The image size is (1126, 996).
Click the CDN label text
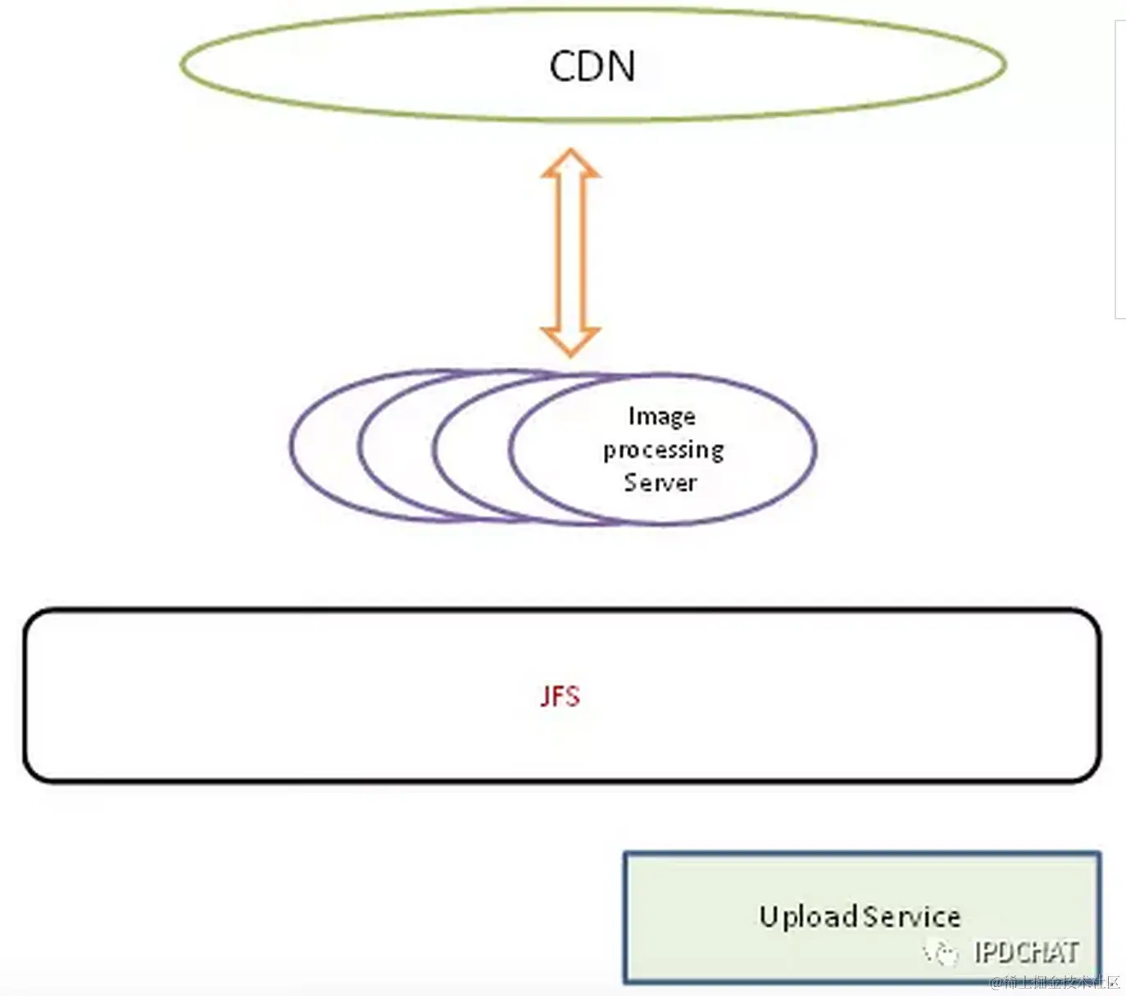[592, 66]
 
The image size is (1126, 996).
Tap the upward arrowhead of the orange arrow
[570, 163]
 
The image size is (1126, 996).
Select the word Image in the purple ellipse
[661, 417]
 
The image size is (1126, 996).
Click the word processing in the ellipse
[664, 450]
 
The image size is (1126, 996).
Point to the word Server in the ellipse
[660, 482]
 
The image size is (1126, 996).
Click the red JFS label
[560, 696]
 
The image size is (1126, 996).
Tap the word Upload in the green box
[808, 916]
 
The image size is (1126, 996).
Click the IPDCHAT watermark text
[1026, 952]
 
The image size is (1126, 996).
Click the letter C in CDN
[563, 66]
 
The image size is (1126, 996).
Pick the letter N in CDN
[620, 66]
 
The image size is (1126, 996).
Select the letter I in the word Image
[632, 416]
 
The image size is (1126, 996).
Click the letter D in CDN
[592, 66]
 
